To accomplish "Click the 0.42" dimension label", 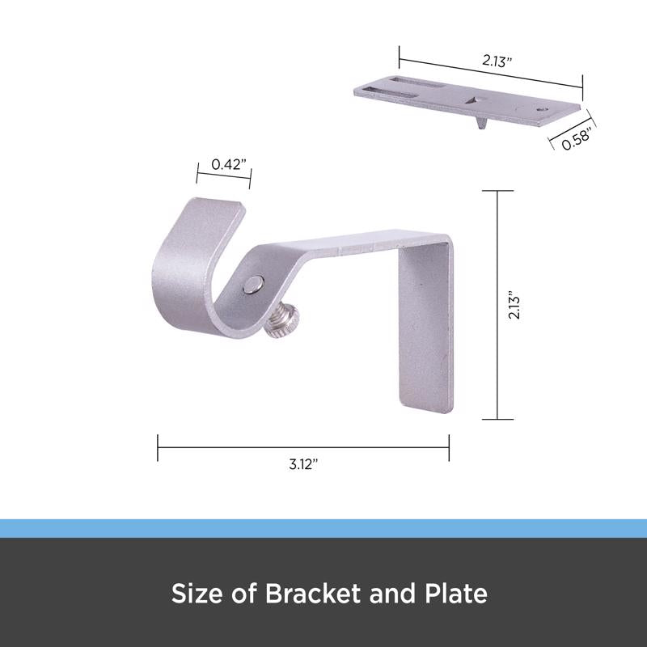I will click(x=222, y=165).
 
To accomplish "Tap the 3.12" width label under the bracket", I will click(x=302, y=466).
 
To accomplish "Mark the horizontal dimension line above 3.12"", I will click(x=302, y=444).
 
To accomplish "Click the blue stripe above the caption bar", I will click(x=323, y=528).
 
